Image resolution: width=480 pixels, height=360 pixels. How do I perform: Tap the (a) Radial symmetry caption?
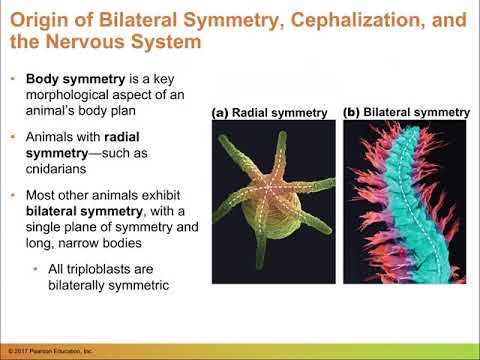(x=270, y=113)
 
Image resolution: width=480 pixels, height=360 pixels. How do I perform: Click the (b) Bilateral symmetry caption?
(x=405, y=112)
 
